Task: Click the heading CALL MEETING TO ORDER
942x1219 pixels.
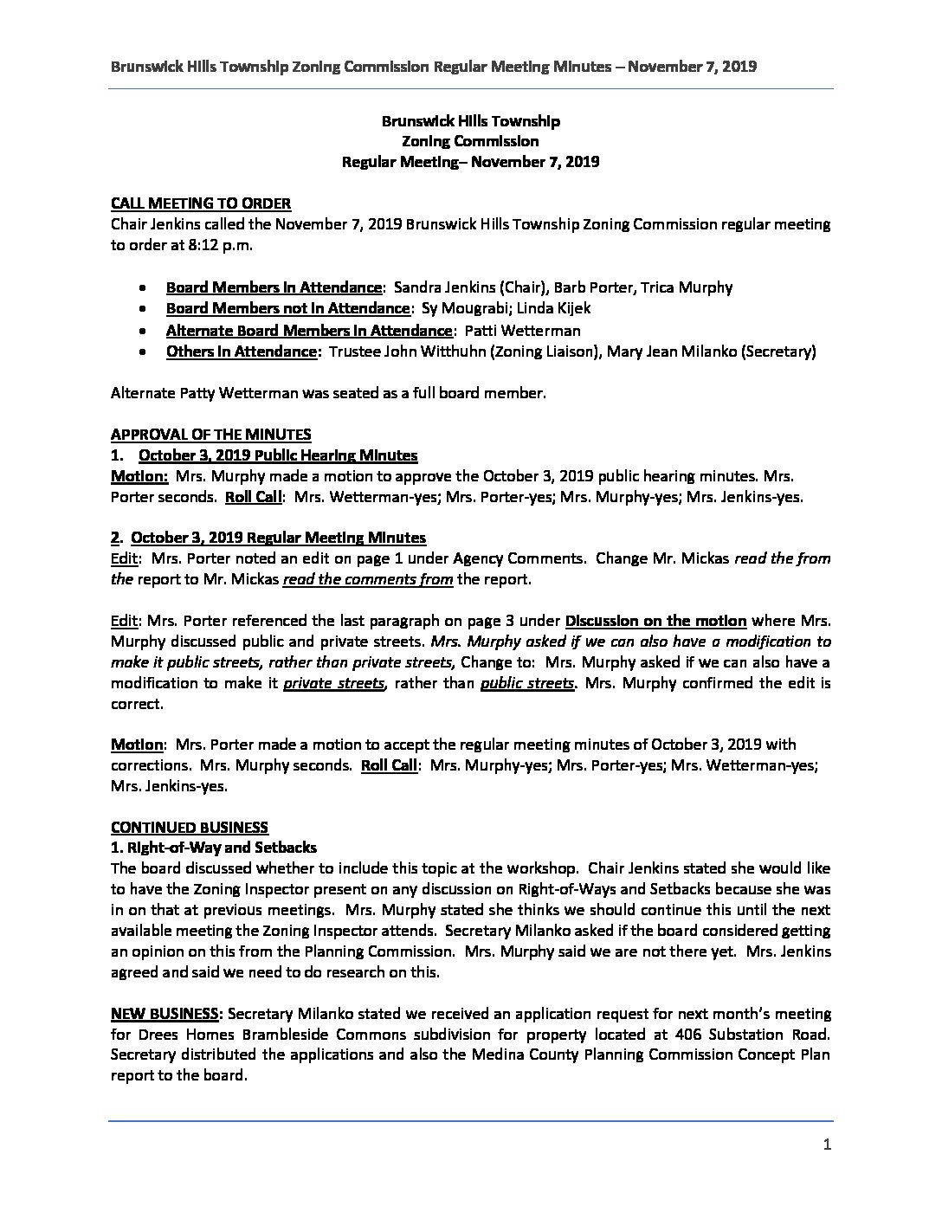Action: tap(201, 203)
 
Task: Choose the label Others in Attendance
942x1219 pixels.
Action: tap(242, 352)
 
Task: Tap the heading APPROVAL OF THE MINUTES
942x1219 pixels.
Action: tap(210, 435)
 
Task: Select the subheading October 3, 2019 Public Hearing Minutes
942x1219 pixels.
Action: tap(278, 455)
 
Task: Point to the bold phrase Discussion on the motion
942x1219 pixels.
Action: tap(655, 621)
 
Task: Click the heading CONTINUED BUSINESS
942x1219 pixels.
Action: tap(190, 827)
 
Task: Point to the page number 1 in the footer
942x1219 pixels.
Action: tap(827, 1145)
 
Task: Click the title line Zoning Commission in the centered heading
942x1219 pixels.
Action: tap(470, 141)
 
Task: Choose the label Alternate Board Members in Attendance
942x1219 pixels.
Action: tap(309, 330)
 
